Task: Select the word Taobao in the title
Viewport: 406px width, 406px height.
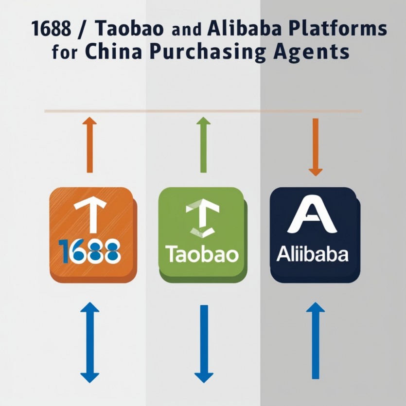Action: (x=124, y=30)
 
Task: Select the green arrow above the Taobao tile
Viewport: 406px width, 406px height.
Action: (x=203, y=145)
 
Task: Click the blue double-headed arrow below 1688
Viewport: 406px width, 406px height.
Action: (x=89, y=342)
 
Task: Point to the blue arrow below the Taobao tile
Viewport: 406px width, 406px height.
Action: (x=203, y=343)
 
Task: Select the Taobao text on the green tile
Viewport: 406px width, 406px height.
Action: (x=202, y=254)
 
